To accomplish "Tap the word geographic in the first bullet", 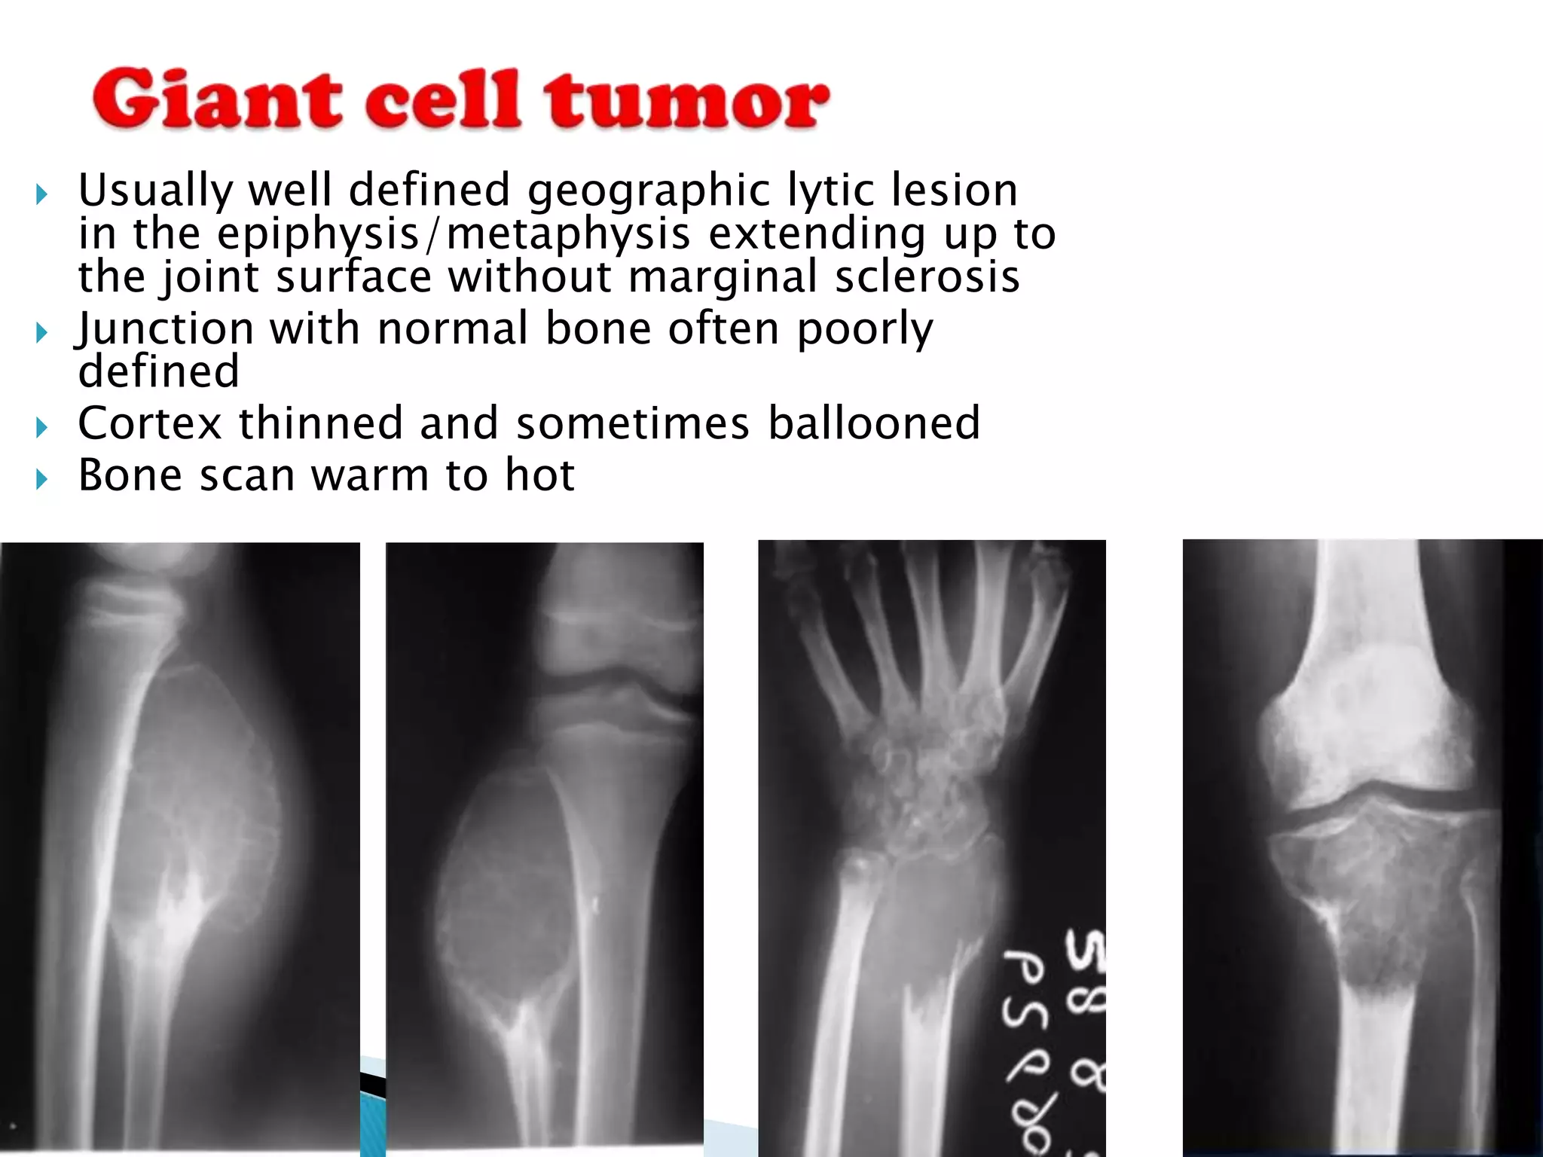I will [649, 190].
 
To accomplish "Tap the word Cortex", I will [149, 423].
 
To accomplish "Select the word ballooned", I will [874, 423].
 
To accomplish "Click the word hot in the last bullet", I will [539, 475].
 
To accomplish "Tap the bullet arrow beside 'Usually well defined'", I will [41, 195].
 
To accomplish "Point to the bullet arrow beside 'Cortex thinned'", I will [41, 427].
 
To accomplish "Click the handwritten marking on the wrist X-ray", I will [1055, 1039].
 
